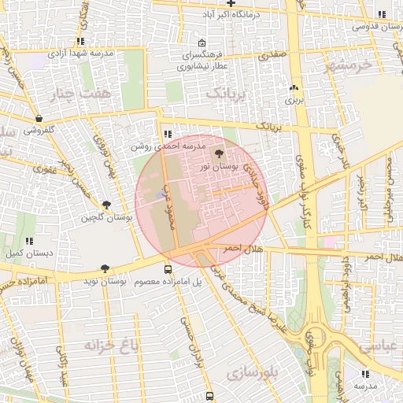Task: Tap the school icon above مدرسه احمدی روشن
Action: pos(167,133)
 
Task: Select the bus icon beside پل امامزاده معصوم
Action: pos(167,269)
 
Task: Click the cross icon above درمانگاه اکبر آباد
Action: pos(231,4)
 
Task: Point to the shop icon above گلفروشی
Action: pos(39,119)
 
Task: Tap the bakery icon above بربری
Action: pos(294,88)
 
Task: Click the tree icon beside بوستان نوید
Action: pos(105,269)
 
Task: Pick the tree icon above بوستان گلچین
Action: pos(117,205)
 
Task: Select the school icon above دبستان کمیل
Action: pos(29,242)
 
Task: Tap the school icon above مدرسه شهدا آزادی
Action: pos(80,41)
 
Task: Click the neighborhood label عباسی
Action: pos(380,346)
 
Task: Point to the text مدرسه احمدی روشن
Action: pos(167,146)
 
